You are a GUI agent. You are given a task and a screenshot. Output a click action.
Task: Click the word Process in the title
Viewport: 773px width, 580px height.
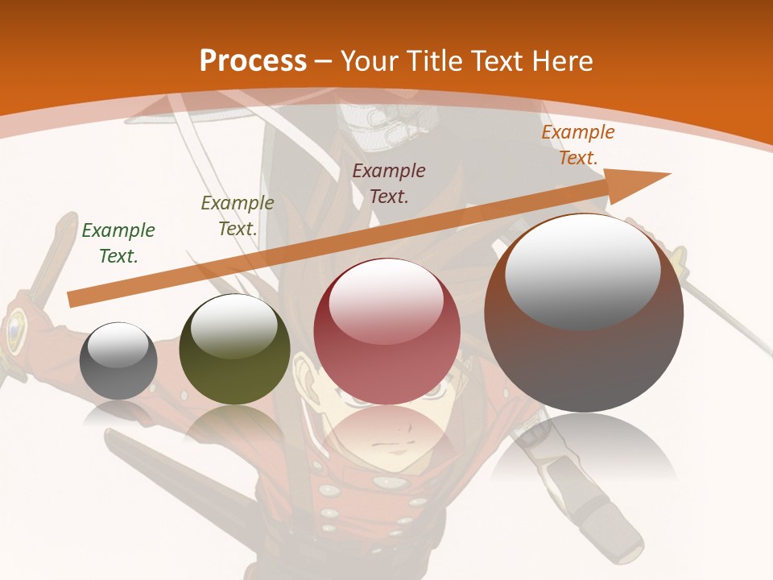(253, 60)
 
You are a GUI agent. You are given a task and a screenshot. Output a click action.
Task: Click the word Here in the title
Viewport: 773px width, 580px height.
(564, 60)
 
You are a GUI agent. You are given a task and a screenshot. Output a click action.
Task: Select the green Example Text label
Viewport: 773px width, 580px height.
(118, 243)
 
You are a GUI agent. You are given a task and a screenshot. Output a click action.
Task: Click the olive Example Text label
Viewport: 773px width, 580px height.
(238, 216)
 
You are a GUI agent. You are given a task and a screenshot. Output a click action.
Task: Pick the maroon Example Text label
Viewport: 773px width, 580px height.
(389, 183)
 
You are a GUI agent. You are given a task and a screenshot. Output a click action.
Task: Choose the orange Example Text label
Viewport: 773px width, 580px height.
(578, 145)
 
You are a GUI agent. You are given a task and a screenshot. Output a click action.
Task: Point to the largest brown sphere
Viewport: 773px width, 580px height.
(584, 354)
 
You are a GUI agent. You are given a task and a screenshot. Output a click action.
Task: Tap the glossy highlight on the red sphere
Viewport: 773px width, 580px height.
(386, 300)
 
